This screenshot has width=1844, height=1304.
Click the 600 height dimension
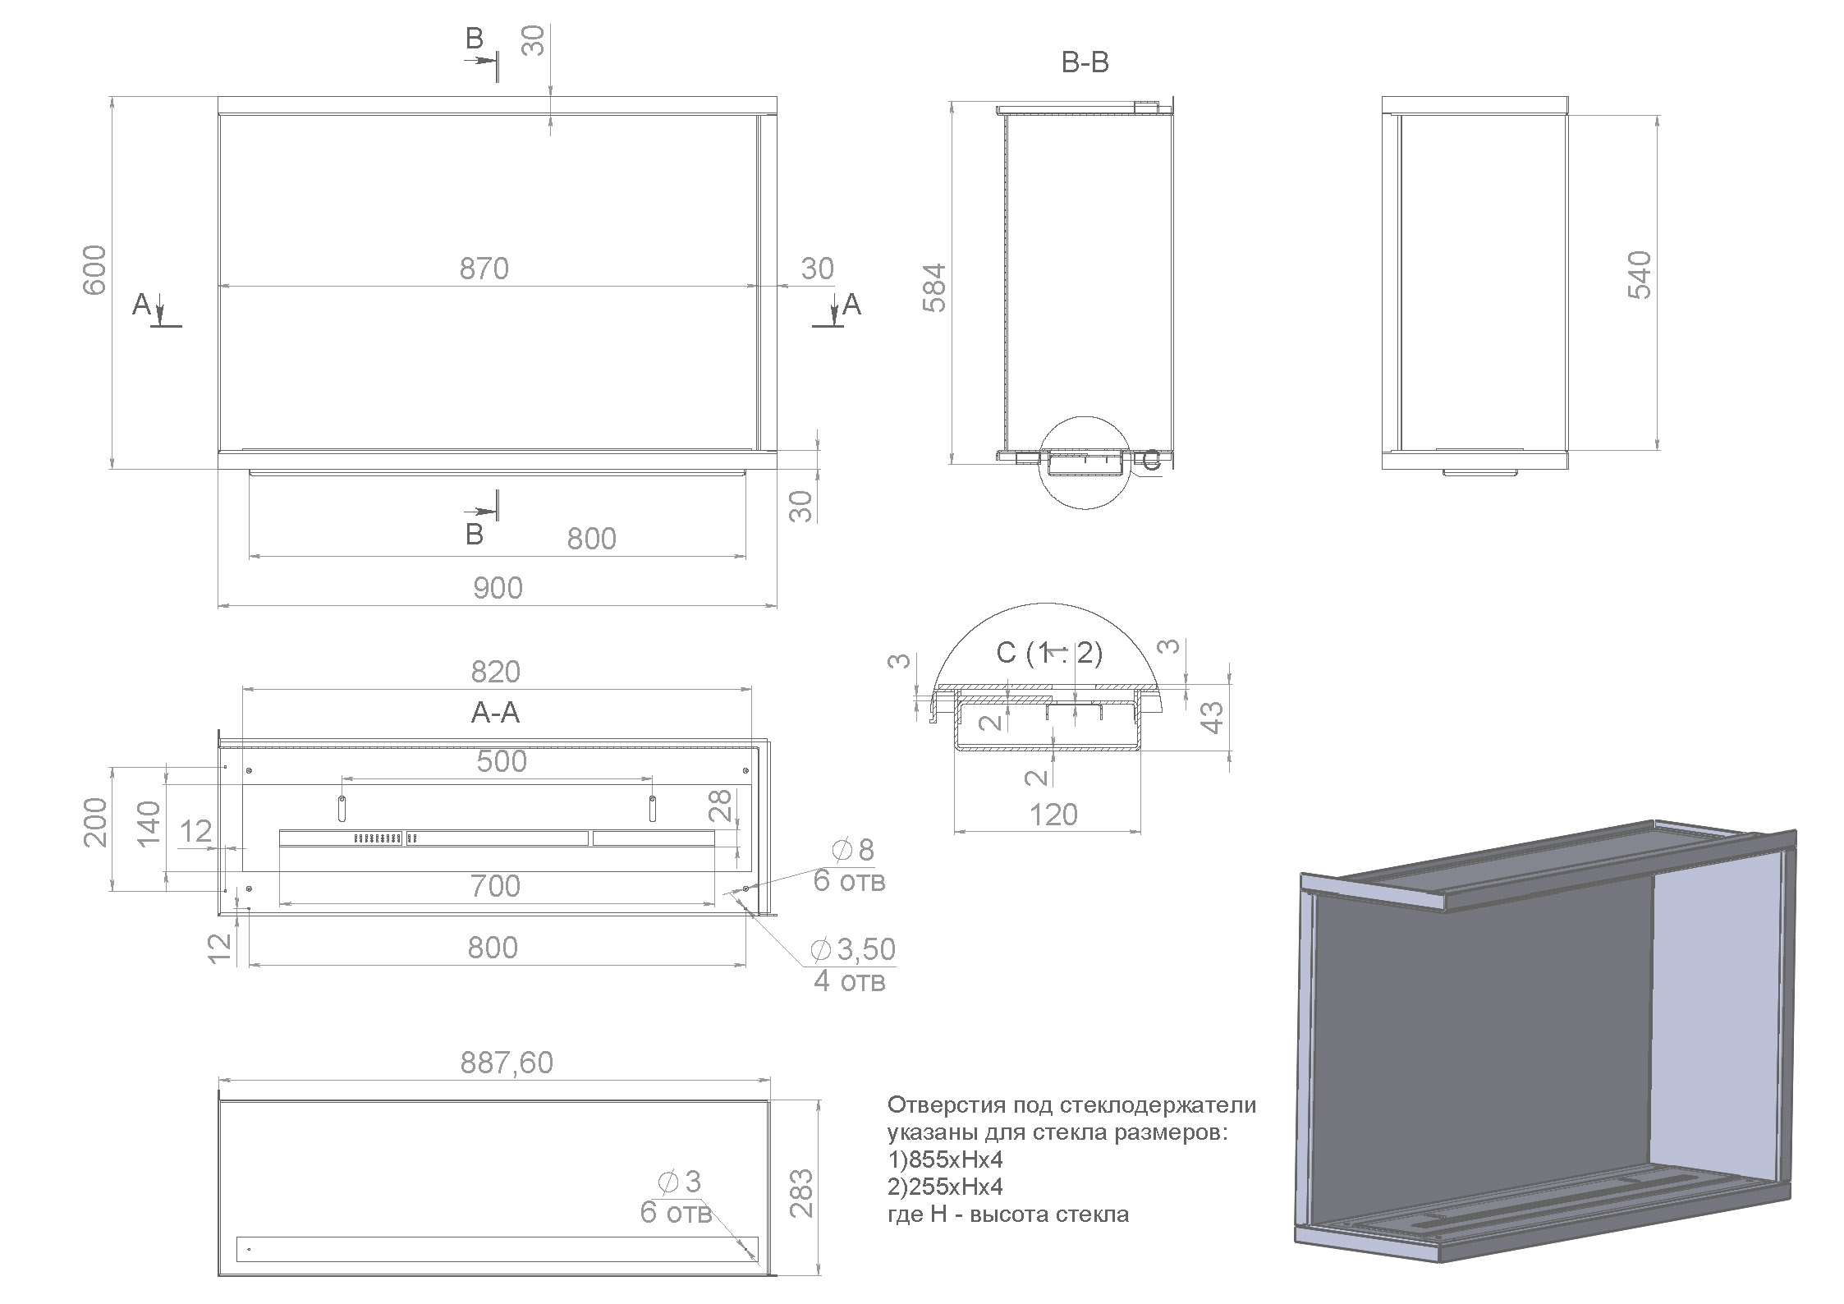coord(94,270)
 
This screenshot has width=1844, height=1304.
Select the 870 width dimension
coord(484,269)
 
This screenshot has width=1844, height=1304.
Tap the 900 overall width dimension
coord(498,588)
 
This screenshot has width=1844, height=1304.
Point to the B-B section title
coord(1085,62)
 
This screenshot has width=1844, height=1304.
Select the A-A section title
coord(495,712)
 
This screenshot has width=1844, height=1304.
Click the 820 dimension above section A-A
coord(495,672)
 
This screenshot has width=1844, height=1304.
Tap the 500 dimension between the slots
coord(502,761)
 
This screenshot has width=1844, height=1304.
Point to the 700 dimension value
coord(495,886)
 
